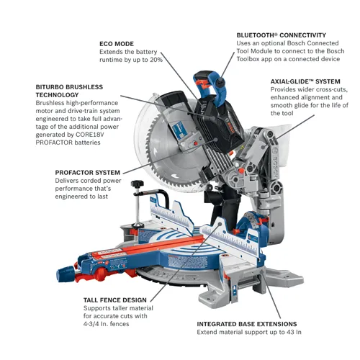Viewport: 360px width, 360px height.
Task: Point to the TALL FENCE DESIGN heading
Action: (114, 300)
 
